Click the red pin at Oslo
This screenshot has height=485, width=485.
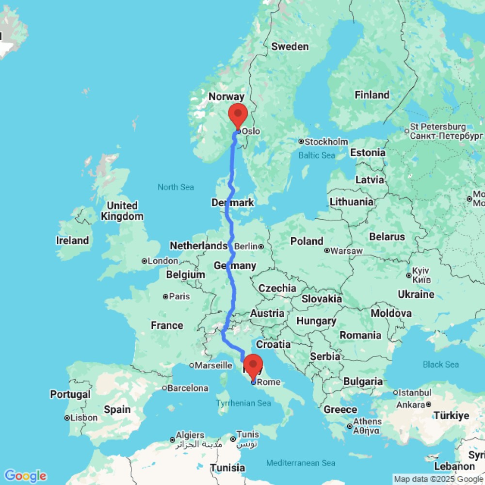click(x=238, y=115)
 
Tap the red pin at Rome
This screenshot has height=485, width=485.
click(x=253, y=366)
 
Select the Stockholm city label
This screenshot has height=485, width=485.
click(x=326, y=142)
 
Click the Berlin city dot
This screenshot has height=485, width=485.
click(x=261, y=246)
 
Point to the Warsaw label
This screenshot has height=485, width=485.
click(x=346, y=251)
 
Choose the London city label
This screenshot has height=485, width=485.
click(x=163, y=261)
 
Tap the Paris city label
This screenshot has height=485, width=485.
click(x=179, y=296)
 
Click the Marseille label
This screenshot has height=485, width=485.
click(x=213, y=365)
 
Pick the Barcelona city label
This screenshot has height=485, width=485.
click(x=189, y=388)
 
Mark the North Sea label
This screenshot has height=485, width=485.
click(x=176, y=187)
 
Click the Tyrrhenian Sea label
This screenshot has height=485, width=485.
click(x=244, y=403)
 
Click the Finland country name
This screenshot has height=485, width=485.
click(x=372, y=95)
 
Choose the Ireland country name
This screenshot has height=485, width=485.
click(x=73, y=241)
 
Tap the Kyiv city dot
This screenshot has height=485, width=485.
click(x=408, y=275)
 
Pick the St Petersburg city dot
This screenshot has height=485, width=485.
click(x=407, y=130)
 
